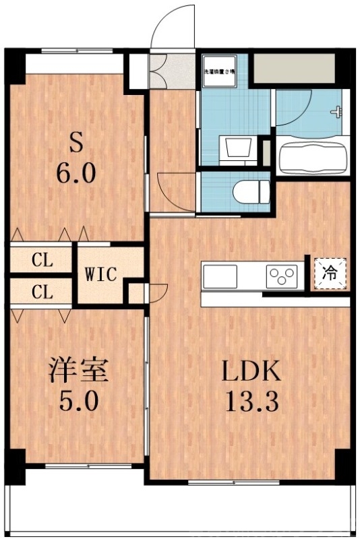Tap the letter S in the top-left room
76,144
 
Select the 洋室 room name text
78,371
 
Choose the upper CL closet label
42,259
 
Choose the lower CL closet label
42,292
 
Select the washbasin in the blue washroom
237,146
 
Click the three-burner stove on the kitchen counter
282,275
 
